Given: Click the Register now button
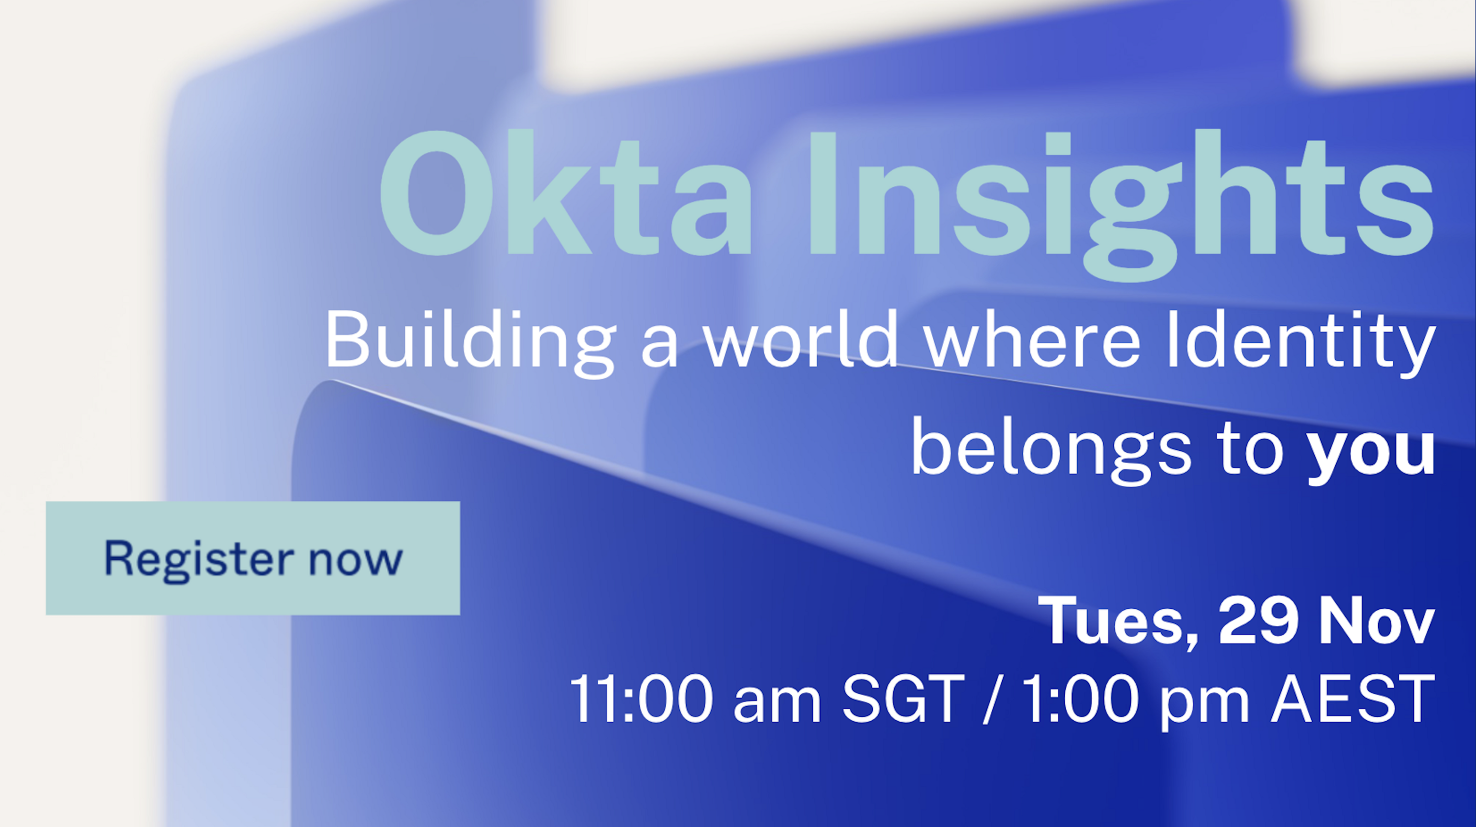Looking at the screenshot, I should pyautogui.click(x=253, y=558).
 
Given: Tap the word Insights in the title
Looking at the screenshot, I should pyautogui.click(x=1120, y=195).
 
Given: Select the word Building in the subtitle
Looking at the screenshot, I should pyautogui.click(x=470, y=341).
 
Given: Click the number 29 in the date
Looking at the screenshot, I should pyautogui.click(x=1258, y=621).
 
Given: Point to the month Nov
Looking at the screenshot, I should pyautogui.click(x=1378, y=621).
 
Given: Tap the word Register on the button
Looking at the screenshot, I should pyautogui.click(x=199, y=559).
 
